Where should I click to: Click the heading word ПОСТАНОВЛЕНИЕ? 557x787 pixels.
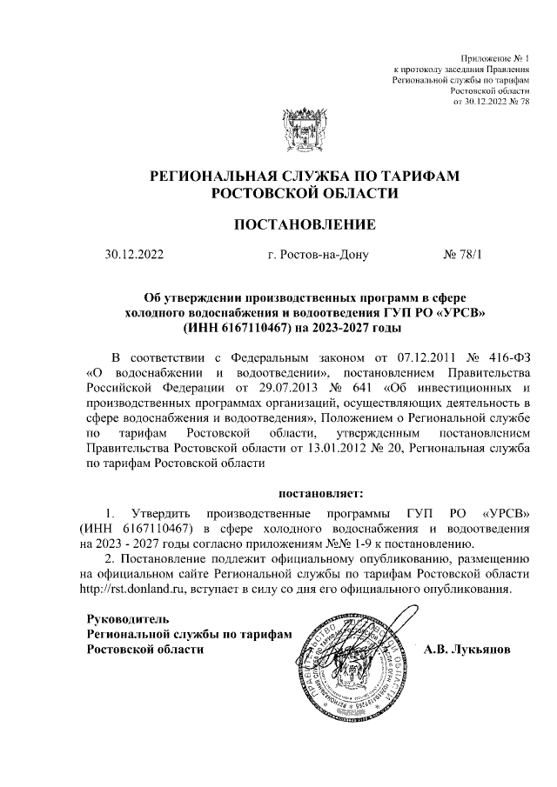point(305,225)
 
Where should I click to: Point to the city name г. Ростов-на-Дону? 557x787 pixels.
point(319,256)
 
